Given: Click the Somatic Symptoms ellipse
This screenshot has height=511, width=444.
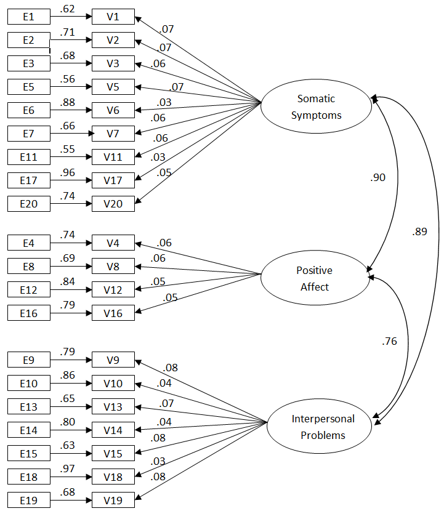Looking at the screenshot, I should point(317,107).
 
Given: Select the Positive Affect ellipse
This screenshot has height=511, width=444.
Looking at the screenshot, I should point(315,278).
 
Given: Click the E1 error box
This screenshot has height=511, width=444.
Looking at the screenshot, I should point(28,17).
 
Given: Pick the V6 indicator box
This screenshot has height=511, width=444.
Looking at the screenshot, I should point(113,110).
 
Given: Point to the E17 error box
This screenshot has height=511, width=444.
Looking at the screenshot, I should point(28,180).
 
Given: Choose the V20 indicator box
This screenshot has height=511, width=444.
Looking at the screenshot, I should point(113,204).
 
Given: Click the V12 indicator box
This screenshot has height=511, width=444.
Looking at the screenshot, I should point(113,289).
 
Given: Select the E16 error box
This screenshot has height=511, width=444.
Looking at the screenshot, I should point(28,313).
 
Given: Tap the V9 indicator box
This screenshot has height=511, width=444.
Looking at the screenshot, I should point(113,360).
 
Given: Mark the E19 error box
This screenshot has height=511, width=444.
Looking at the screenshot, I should point(28,500).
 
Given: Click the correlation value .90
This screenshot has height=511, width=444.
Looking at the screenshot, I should point(377,177).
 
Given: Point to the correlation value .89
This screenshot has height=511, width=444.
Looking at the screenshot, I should point(419,232).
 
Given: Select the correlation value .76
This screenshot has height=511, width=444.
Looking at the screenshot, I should point(389,341).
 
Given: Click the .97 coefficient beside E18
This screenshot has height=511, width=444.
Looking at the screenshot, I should point(68,469).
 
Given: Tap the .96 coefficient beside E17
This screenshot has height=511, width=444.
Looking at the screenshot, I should point(68,173).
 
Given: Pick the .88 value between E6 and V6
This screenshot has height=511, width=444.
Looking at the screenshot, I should point(68,103).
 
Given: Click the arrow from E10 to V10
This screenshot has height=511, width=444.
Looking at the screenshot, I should point(71,384).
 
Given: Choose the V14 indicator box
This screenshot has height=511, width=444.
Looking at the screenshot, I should point(113,430).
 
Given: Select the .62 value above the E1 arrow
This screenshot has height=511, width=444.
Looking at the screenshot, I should point(68,9).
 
